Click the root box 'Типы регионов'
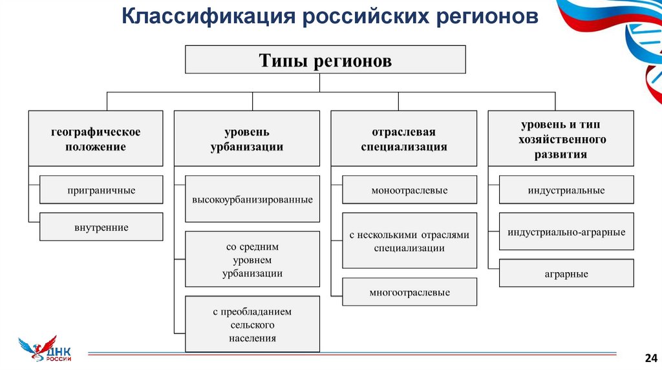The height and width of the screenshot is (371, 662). (325, 59)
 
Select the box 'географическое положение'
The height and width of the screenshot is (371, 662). (96, 139)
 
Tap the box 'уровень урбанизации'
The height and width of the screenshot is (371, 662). (246, 139)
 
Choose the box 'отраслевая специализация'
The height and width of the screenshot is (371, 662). (403, 139)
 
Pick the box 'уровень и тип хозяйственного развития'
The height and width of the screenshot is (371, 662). (561, 138)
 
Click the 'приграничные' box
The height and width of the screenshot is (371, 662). (101, 190)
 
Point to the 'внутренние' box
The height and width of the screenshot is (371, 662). (101, 227)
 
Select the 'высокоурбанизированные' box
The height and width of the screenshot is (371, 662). (252, 199)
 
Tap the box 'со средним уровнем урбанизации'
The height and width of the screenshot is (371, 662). (252, 259)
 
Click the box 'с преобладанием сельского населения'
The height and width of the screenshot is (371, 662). (252, 324)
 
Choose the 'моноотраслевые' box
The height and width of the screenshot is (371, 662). (409, 190)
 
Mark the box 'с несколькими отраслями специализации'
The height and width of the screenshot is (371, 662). (409, 240)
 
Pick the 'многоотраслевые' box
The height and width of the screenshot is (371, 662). (409, 292)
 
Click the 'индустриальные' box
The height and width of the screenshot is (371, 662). (566, 190)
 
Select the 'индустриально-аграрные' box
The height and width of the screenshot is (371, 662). (566, 231)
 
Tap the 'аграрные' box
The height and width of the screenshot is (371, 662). (566, 273)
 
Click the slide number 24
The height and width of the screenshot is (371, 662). (650, 357)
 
